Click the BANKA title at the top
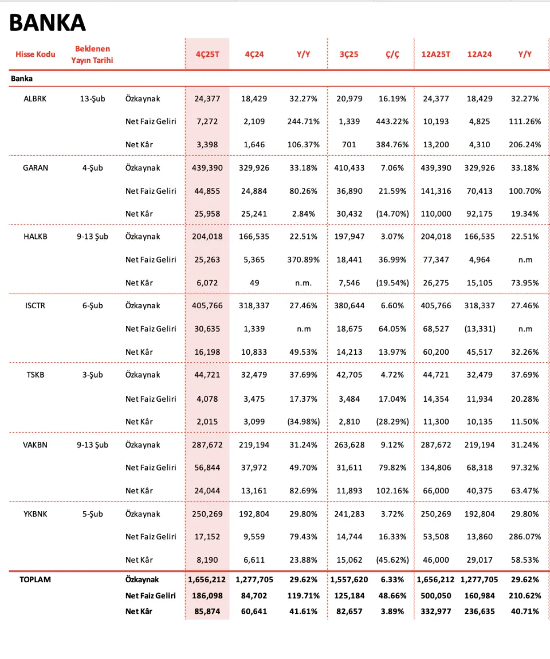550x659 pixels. pos(48,22)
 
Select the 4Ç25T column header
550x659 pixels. pos(207,54)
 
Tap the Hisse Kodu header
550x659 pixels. pos(35,54)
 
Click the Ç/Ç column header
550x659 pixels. pos(392,54)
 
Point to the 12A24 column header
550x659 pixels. pos(480,54)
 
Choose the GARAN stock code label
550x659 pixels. pos(35,168)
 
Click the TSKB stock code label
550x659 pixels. pos(35,375)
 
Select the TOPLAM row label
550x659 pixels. pos(35,579)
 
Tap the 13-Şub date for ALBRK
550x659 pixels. pos(92,99)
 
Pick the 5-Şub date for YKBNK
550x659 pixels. pos(92,514)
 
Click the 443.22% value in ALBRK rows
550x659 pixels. pos(392,121)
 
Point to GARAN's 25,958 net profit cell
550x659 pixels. pos(207,214)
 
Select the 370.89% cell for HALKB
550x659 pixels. pos(303,260)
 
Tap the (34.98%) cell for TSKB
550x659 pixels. pos(303,422)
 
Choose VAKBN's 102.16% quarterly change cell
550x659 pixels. pos(392,491)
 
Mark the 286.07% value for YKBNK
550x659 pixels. pos(525,537)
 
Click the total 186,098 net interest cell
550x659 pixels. pos(207,596)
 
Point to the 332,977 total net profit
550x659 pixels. pos(435,611)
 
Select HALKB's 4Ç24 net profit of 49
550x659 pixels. pos(254,283)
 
